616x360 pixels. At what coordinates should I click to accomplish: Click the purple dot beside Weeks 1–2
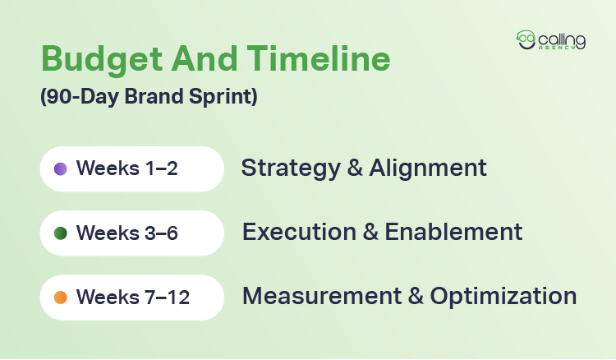(60, 168)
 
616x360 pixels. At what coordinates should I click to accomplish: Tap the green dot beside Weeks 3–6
(60, 233)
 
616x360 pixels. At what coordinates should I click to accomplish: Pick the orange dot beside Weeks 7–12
(60, 297)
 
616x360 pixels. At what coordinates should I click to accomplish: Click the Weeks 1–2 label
(127, 168)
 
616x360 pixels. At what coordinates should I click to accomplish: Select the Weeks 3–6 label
(127, 233)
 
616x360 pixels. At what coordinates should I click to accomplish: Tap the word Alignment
(427, 168)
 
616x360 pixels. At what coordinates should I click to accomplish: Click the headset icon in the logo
(526, 40)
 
